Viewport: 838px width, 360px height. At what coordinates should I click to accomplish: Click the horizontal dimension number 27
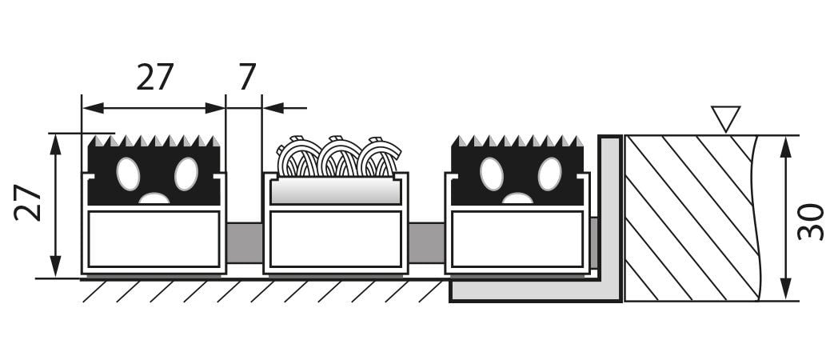coord(155,77)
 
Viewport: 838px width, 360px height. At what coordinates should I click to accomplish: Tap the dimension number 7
coord(247,77)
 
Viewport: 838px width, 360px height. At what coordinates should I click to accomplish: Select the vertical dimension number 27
coord(28,202)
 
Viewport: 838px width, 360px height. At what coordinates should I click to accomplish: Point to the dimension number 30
coord(811,222)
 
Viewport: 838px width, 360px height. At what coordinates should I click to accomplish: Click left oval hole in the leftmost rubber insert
coord(128,174)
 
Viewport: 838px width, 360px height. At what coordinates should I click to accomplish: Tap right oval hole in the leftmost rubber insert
coord(186,174)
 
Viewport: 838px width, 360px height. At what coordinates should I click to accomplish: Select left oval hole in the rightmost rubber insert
coord(491,174)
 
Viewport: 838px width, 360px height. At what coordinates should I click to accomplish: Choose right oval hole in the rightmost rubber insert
coord(549,174)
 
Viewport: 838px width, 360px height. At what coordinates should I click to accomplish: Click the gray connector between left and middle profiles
coord(244,243)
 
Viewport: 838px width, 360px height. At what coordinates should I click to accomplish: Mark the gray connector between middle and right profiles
coord(426,243)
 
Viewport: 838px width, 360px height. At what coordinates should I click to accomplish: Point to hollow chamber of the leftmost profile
coord(154,239)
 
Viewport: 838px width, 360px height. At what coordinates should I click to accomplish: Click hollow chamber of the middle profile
coord(336,239)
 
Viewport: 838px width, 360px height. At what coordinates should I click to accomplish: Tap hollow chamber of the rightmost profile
coord(517,239)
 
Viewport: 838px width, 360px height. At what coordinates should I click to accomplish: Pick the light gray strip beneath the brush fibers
coord(336,190)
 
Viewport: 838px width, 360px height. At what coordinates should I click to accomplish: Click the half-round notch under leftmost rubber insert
coord(154,198)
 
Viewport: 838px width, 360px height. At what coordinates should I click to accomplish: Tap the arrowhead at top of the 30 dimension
coord(785,146)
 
